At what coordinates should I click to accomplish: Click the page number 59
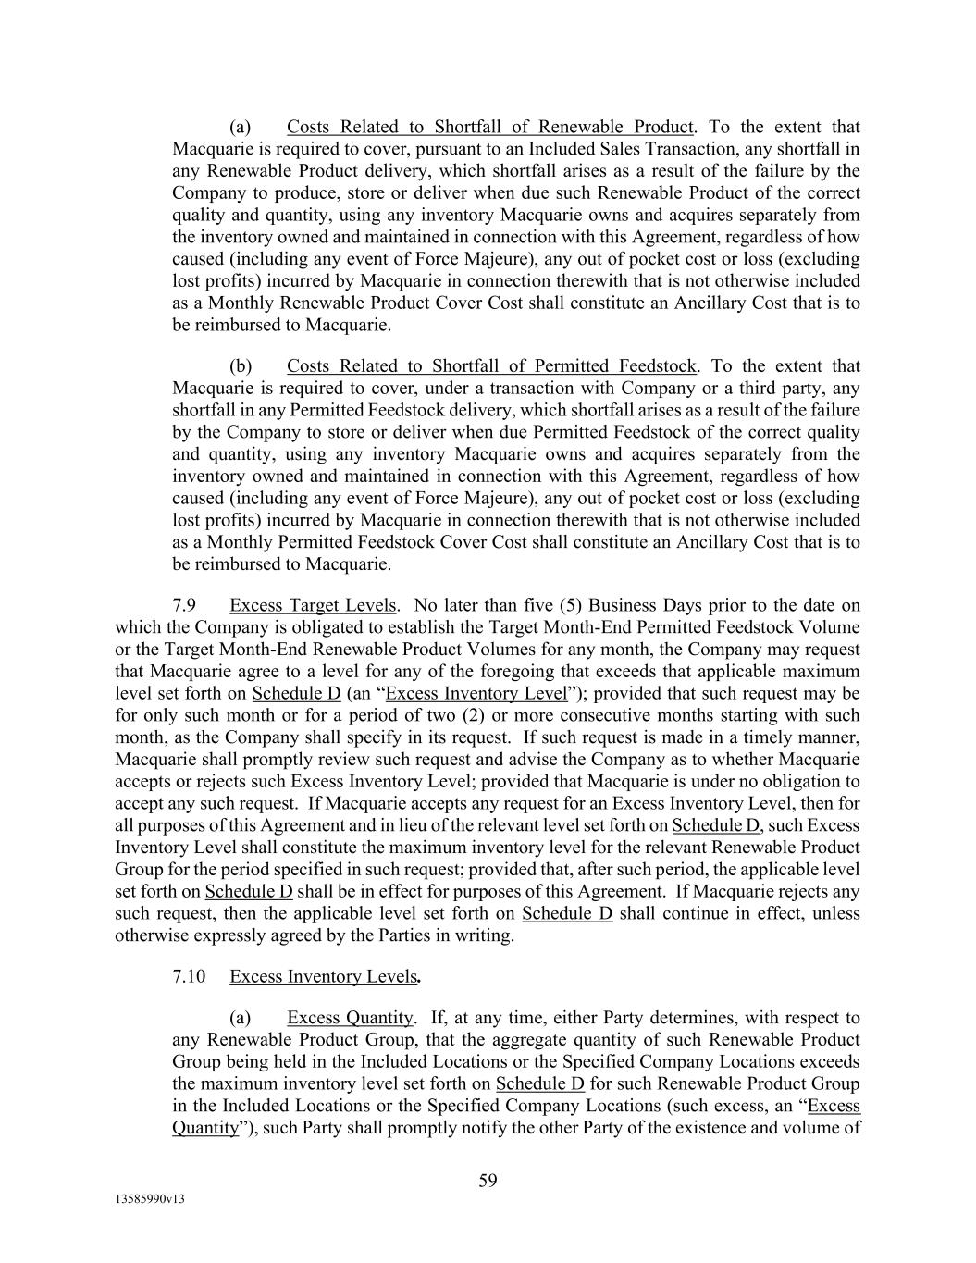click(x=488, y=1180)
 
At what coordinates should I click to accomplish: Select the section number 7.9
click(x=184, y=606)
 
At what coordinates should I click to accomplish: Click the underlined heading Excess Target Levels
click(x=313, y=606)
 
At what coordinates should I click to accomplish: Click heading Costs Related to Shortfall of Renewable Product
click(x=489, y=127)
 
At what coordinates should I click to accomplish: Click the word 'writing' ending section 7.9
click(x=482, y=935)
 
